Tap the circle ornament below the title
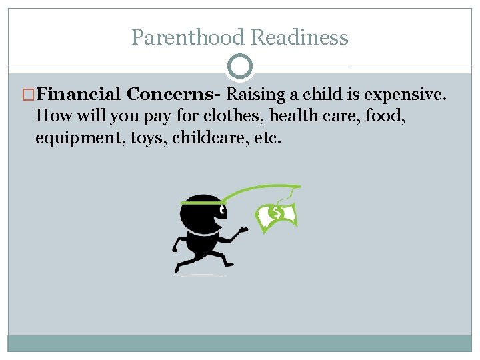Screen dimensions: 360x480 pyautogui.click(x=240, y=67)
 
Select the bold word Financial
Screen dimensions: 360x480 pyautogui.click(x=79, y=95)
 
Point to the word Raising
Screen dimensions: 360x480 pyautogui.click(x=256, y=95)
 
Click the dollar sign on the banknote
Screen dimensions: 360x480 pyautogui.click(x=274, y=214)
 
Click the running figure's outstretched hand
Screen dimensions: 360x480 pyautogui.click(x=243, y=230)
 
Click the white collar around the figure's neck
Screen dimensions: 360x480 pyautogui.click(x=199, y=233)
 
